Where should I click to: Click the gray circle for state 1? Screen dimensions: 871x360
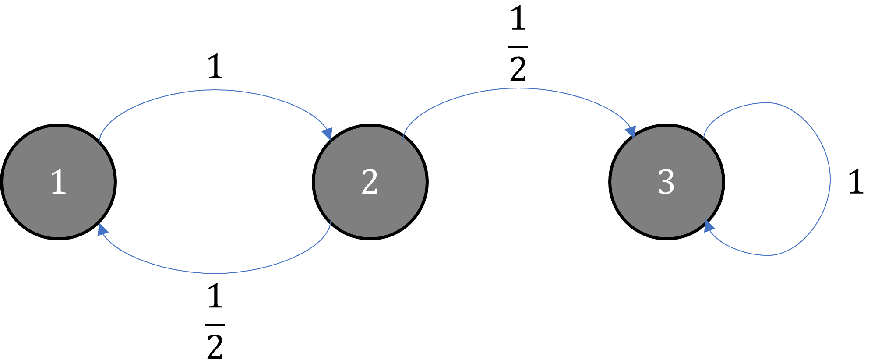(x=58, y=182)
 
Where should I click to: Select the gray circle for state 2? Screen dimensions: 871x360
(x=370, y=182)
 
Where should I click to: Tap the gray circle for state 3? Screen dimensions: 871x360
(x=666, y=182)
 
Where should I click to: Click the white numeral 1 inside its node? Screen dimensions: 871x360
(x=59, y=182)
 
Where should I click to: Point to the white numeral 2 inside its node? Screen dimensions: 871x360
(x=370, y=182)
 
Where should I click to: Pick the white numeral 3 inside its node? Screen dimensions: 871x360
(x=666, y=182)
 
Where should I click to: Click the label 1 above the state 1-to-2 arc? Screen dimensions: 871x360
(x=215, y=67)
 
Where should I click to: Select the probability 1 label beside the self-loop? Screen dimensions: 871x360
(x=856, y=182)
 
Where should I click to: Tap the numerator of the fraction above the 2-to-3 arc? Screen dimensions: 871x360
(x=518, y=19)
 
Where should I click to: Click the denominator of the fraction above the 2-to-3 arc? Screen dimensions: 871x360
(x=518, y=69)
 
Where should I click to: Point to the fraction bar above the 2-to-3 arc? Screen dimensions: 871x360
(x=518, y=46)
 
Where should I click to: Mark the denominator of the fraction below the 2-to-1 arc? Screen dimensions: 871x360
(x=215, y=346)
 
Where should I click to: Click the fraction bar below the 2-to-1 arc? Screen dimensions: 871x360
(x=215, y=325)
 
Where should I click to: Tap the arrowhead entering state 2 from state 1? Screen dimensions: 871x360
(x=328, y=134)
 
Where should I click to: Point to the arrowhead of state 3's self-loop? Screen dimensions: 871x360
(x=709, y=226)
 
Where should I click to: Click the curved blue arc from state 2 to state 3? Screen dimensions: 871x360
(x=518, y=88)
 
